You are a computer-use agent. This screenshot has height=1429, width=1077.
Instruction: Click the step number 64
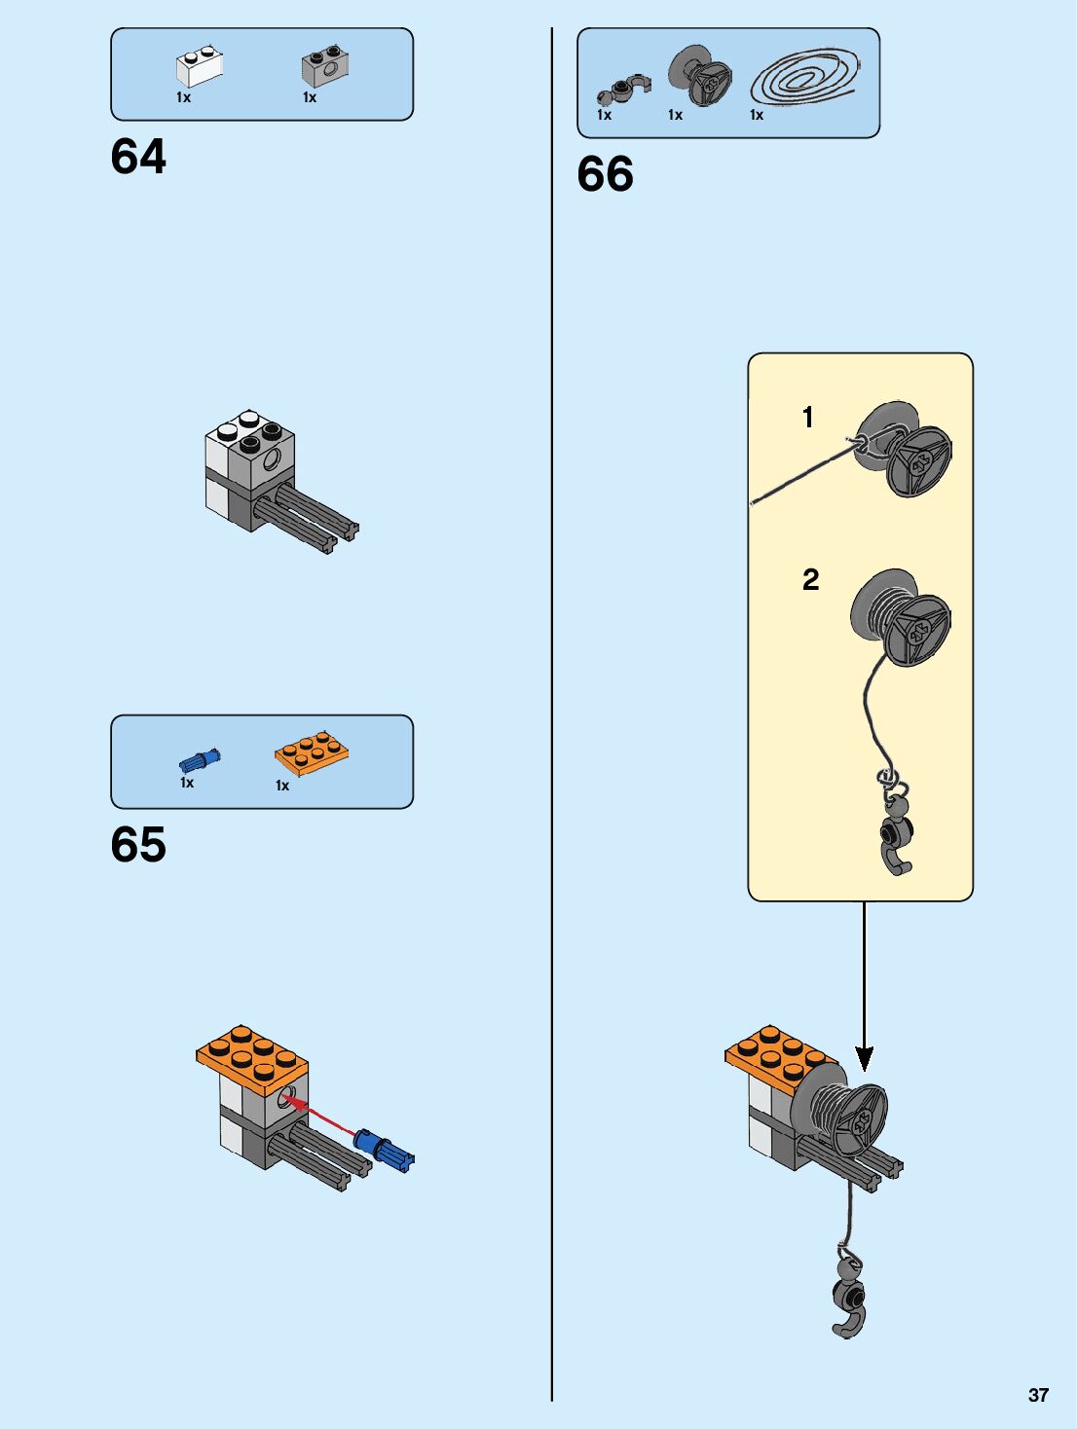138,157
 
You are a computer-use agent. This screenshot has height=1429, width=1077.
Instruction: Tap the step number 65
138,844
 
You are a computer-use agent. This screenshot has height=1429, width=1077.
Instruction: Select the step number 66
605,174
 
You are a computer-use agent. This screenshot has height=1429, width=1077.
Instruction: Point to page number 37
1038,1395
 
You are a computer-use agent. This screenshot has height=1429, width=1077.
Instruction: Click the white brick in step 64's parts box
199,66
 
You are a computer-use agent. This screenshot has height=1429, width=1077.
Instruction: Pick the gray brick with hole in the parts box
325,65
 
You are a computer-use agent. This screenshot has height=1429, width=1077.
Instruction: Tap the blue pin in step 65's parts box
200,760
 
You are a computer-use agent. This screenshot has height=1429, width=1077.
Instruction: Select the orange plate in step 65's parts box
312,752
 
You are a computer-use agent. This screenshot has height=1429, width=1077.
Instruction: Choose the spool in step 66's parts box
700,75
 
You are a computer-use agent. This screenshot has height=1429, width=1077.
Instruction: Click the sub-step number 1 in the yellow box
807,418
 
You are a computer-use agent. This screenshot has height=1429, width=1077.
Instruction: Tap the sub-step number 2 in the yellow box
810,580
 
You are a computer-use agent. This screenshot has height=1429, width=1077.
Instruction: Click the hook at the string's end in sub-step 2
895,837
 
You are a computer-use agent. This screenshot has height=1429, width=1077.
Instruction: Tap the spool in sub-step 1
905,451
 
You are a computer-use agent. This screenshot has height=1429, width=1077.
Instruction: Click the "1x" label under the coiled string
757,115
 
